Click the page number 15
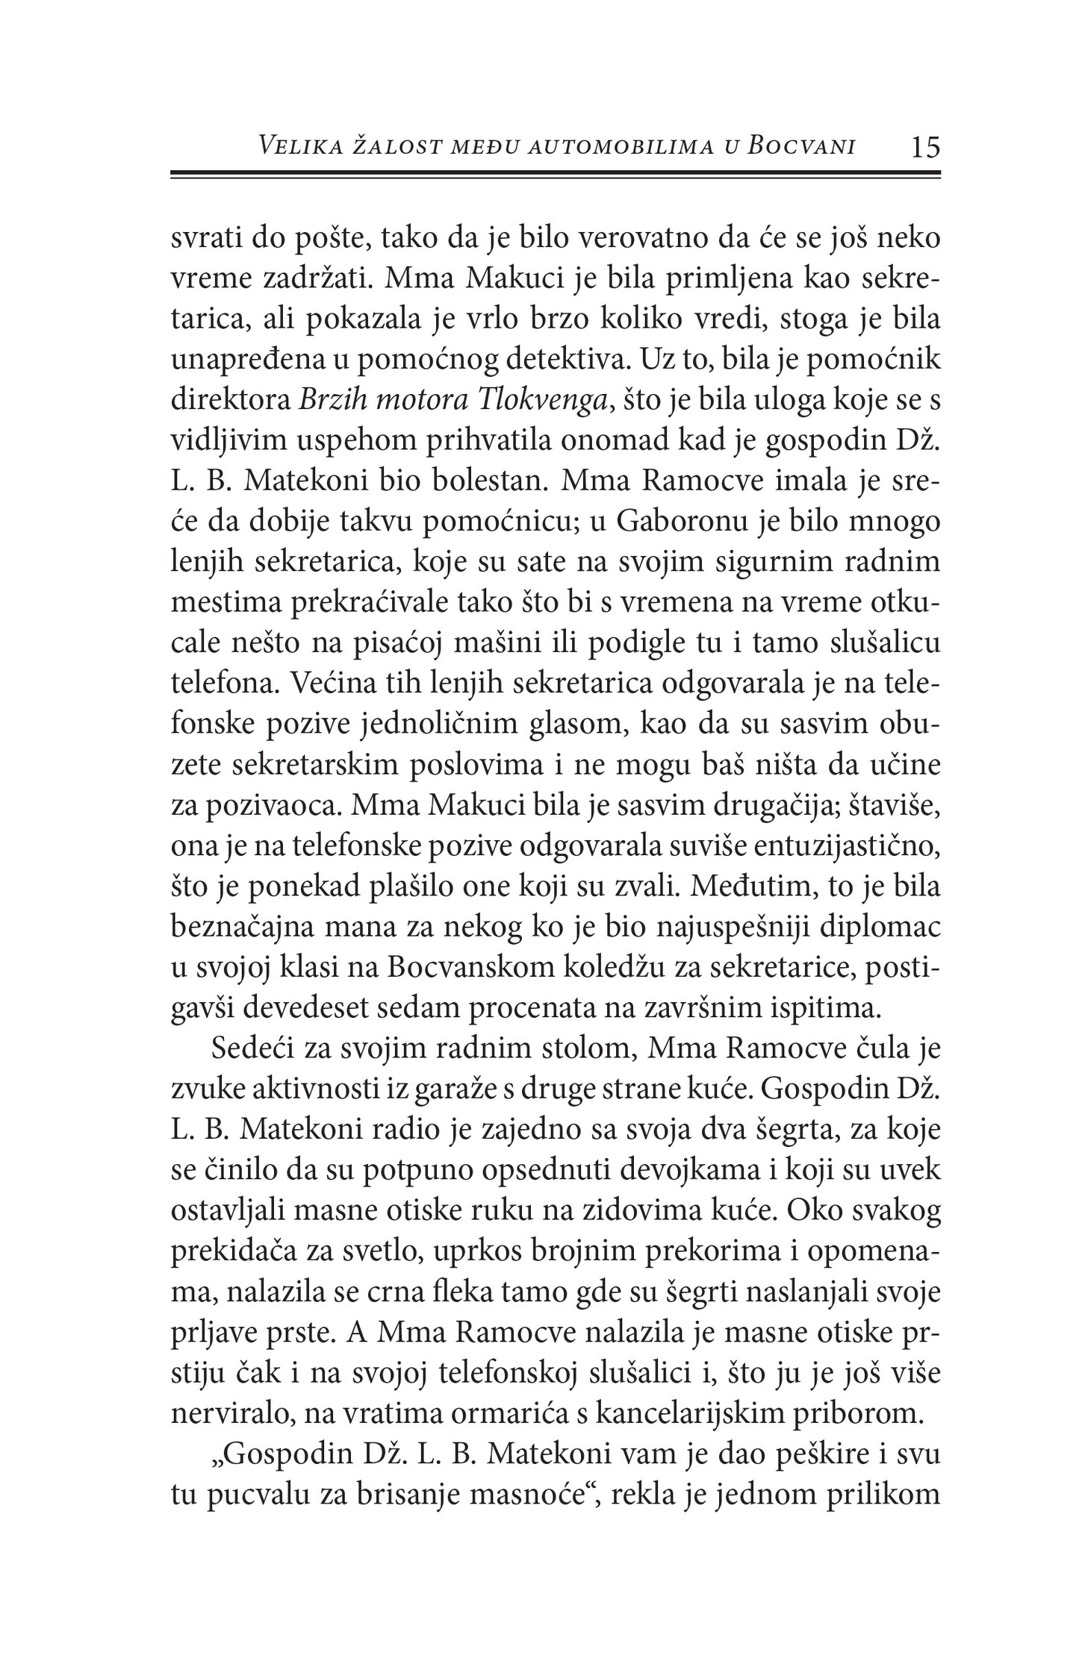tap(925, 147)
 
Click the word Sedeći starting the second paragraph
tap(252, 1049)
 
